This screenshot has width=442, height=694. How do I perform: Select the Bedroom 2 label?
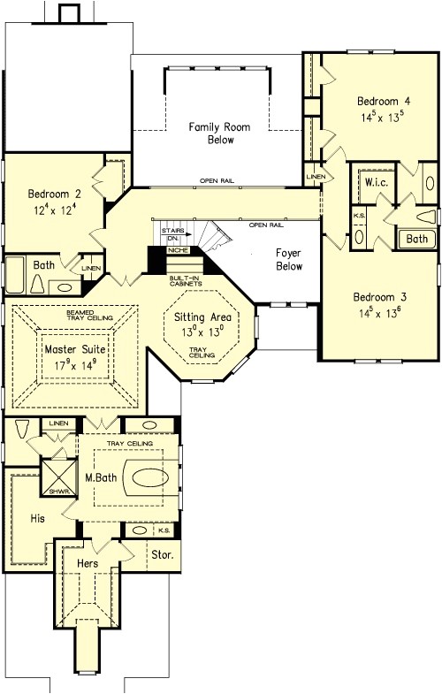pos(54,194)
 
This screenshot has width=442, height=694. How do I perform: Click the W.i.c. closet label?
pos(374,183)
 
